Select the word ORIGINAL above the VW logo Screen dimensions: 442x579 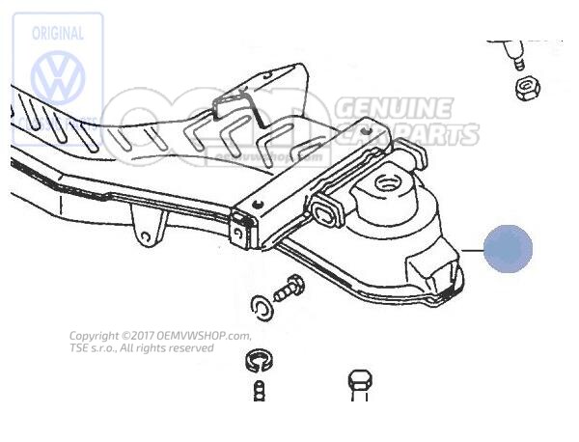[59, 32]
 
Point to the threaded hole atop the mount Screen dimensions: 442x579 [390, 180]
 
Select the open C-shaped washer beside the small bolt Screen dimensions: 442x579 [260, 308]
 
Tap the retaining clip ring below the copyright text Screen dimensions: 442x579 [255, 365]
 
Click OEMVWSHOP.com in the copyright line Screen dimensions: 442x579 [207, 336]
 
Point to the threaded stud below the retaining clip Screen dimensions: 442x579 [258, 394]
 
